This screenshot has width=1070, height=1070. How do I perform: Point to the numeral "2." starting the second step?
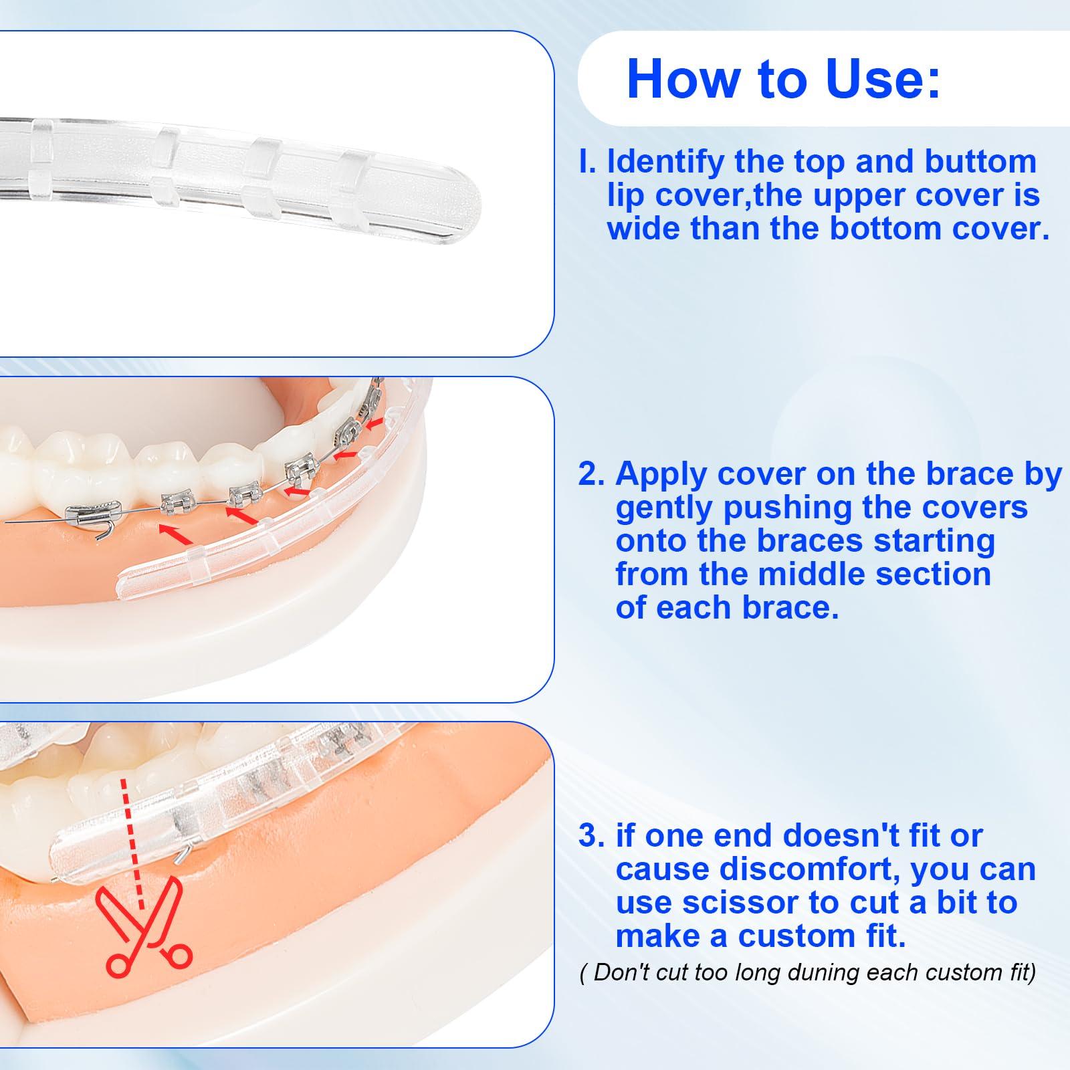click(x=592, y=474)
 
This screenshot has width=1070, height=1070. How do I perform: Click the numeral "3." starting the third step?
click(x=592, y=835)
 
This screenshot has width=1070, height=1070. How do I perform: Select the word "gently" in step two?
click(x=664, y=508)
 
